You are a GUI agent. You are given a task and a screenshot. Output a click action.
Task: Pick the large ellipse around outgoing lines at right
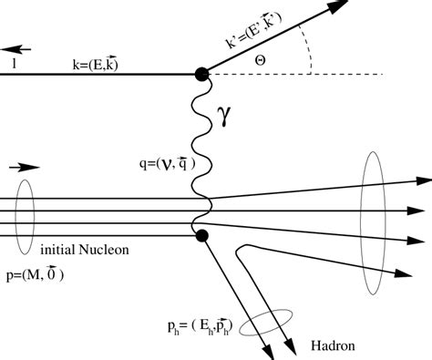373,223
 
